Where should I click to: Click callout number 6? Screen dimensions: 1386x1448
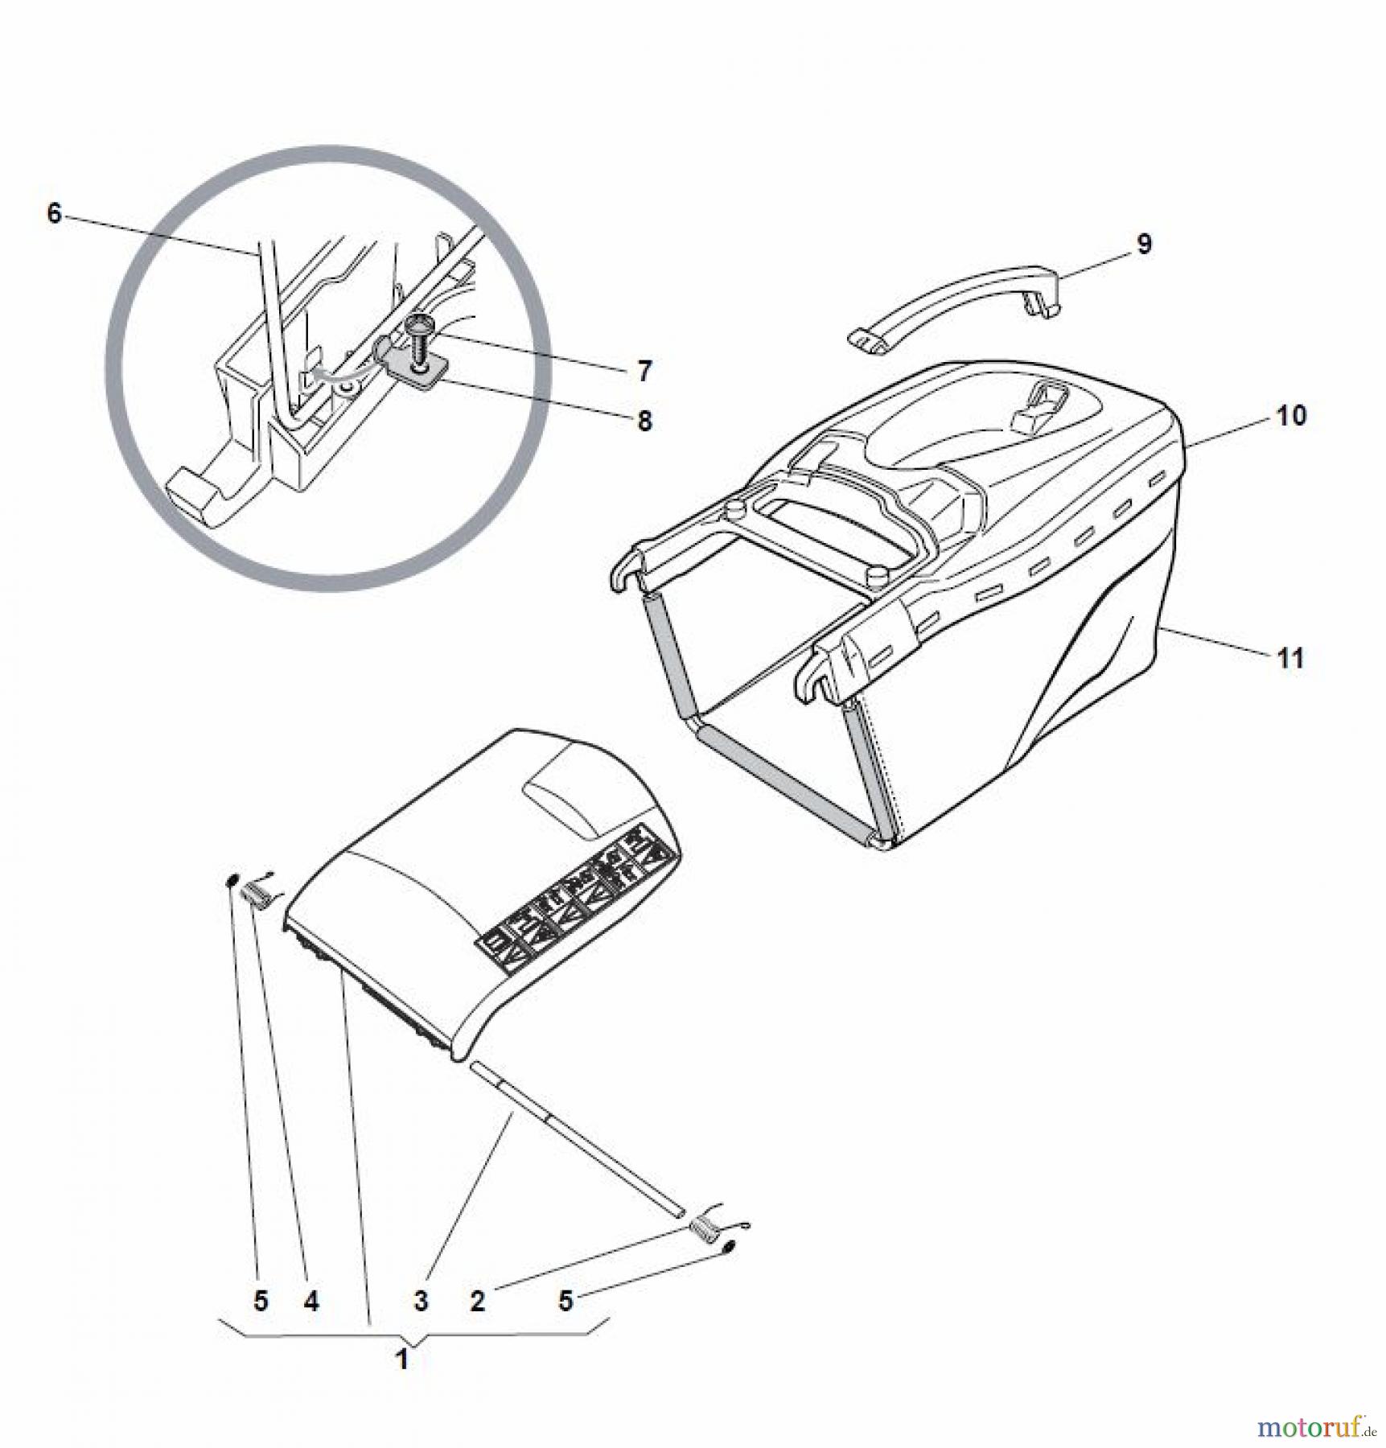54,214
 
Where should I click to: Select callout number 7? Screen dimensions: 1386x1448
644,372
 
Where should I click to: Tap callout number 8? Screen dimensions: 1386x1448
644,421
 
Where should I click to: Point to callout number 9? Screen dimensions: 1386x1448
1144,244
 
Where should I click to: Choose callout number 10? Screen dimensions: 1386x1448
1290,416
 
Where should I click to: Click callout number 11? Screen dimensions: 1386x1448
1290,659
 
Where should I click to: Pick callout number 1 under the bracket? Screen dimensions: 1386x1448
402,1360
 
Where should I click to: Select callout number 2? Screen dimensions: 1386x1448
478,1301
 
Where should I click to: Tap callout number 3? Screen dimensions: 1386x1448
421,1301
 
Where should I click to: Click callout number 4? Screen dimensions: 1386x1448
311,1301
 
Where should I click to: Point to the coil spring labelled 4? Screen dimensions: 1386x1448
255,892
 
